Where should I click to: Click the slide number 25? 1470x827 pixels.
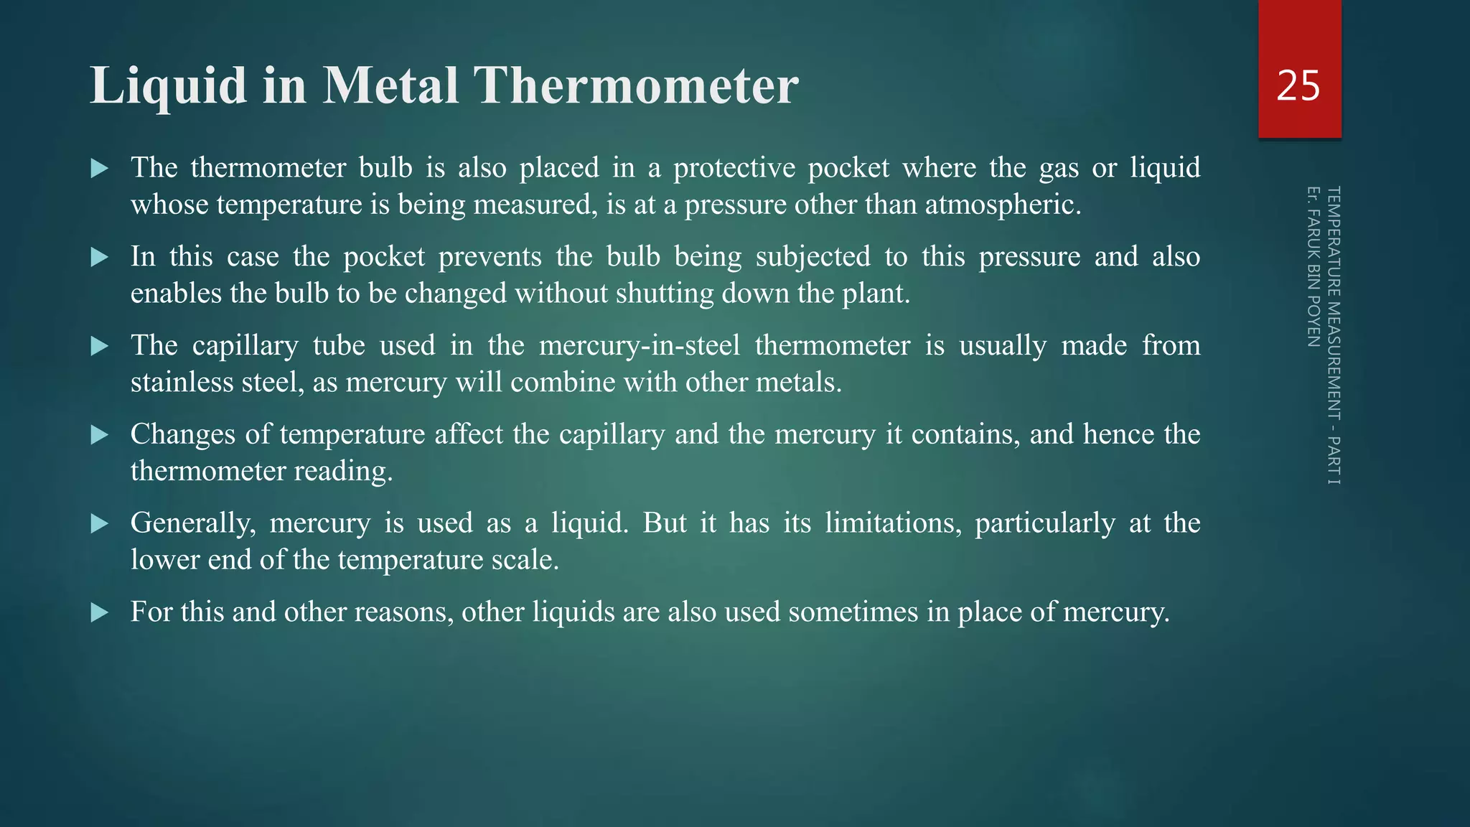coord(1298,86)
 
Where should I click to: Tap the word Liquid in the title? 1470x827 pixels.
coord(169,86)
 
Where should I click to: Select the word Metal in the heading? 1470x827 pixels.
coord(390,86)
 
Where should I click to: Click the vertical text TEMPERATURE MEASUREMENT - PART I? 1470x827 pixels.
coord(1333,335)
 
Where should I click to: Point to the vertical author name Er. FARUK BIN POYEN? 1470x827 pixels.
coord(1313,266)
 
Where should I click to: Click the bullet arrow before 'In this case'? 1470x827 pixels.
coord(100,257)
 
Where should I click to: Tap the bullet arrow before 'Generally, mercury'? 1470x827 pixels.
coord(100,523)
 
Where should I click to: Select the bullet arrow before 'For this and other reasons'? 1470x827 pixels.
coord(100,612)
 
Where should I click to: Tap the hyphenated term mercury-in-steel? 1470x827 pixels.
coord(639,346)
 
